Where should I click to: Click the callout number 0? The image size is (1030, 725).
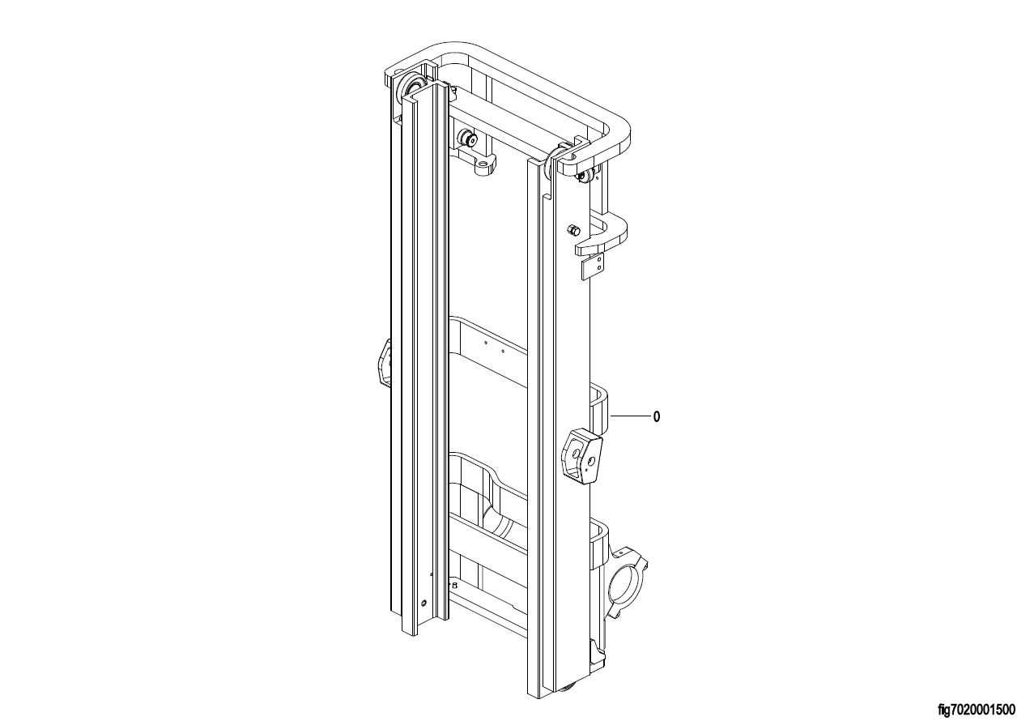point(657,417)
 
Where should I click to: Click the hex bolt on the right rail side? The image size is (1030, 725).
point(573,228)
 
